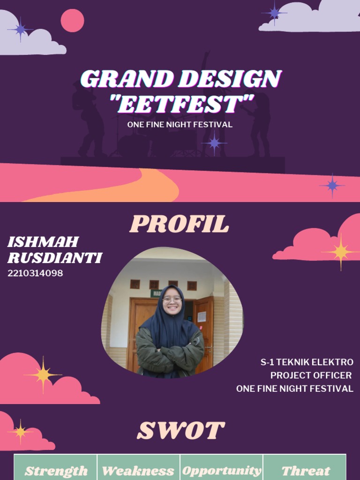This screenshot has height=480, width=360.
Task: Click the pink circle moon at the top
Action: [73, 21]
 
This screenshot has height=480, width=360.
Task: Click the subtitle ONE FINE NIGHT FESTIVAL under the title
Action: [180, 125]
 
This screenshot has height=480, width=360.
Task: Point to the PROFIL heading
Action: [180, 225]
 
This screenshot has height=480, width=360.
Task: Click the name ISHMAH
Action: [43, 242]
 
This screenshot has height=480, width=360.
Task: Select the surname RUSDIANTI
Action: [55, 258]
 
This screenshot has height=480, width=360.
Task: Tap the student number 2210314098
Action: [35, 273]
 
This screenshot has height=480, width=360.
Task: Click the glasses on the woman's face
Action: [172, 300]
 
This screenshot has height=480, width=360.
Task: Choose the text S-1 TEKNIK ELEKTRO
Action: [307, 362]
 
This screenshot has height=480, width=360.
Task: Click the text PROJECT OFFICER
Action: [311, 375]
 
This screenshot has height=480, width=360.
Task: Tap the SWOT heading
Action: [180, 431]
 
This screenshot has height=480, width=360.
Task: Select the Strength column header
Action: [56, 471]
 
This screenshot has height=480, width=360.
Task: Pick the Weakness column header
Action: [138, 471]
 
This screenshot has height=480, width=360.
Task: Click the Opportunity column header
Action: [221, 471]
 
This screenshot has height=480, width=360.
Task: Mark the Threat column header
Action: [305, 471]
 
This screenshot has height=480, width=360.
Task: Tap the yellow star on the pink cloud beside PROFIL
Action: [341, 252]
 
